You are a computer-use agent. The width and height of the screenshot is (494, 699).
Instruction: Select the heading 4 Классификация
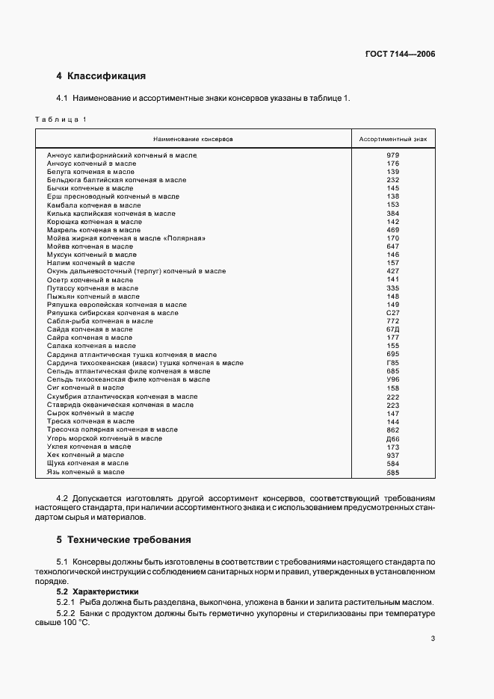point(101,76)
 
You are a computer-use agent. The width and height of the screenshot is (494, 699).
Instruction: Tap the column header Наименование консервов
point(194,140)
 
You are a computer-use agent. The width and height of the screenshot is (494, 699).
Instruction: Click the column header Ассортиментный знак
point(393,140)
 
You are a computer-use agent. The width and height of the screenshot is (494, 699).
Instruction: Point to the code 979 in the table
point(393,155)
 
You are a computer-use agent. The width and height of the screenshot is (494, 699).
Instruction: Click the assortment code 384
point(393,214)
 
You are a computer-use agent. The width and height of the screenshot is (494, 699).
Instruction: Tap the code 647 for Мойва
point(393,246)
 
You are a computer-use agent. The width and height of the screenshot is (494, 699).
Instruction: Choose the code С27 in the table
point(393,313)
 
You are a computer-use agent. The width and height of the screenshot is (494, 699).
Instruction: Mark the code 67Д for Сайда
point(393,329)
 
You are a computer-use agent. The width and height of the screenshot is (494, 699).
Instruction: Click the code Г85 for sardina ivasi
point(393,363)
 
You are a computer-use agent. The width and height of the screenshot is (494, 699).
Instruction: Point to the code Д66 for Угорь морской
point(393,438)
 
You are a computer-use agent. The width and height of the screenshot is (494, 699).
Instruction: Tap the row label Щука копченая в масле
point(87,463)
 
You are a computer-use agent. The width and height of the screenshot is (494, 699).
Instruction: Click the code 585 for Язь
point(393,472)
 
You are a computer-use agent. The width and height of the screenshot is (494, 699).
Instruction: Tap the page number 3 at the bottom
point(433,639)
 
